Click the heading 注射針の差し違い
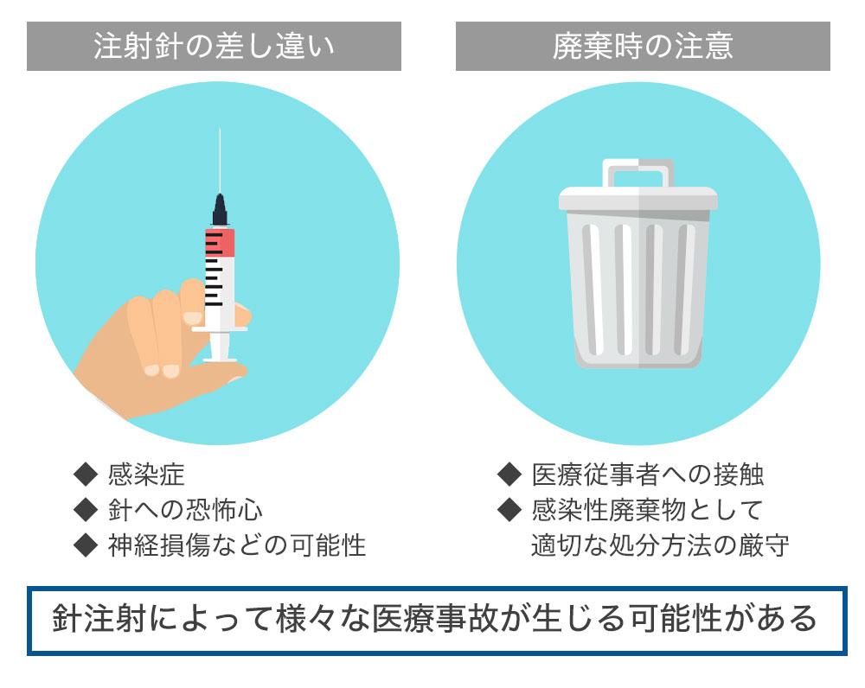click(x=214, y=46)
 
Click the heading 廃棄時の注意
click(x=643, y=46)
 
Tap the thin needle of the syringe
click(x=220, y=161)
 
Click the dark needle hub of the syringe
click(x=220, y=210)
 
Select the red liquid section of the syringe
click(x=220, y=242)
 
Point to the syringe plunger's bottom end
click(x=220, y=360)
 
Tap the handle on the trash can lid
click(x=638, y=173)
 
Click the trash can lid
click(x=638, y=199)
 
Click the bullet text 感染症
click(x=146, y=475)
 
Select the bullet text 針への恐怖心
click(x=185, y=510)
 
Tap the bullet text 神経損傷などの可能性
click(x=237, y=545)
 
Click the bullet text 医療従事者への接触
click(x=648, y=475)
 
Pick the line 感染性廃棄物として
click(x=648, y=510)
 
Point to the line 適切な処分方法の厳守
click(x=660, y=545)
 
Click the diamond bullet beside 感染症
click(x=86, y=475)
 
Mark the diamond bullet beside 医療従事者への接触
click(x=509, y=475)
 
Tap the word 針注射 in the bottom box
click(x=99, y=618)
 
